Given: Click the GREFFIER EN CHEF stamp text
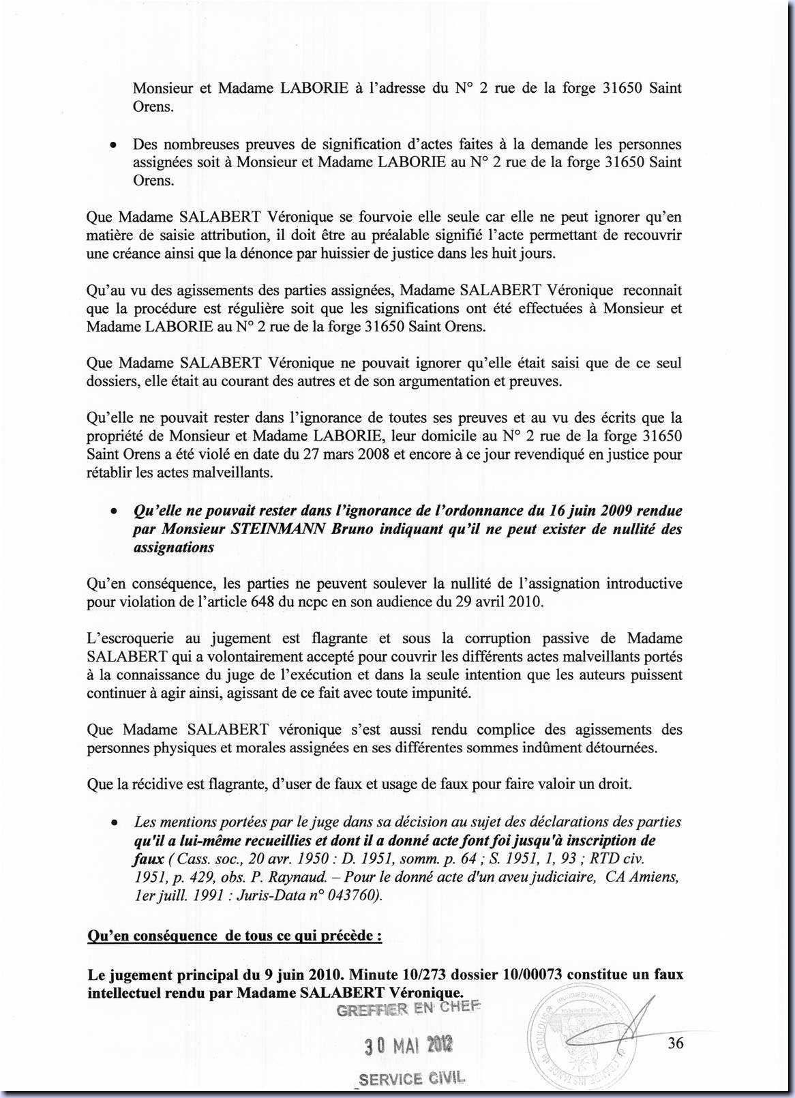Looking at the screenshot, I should pyautogui.click(x=408, y=1009).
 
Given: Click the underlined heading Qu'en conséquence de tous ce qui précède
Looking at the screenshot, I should pyautogui.click(x=235, y=936).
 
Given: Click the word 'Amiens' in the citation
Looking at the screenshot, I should pyautogui.click(x=655, y=877).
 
